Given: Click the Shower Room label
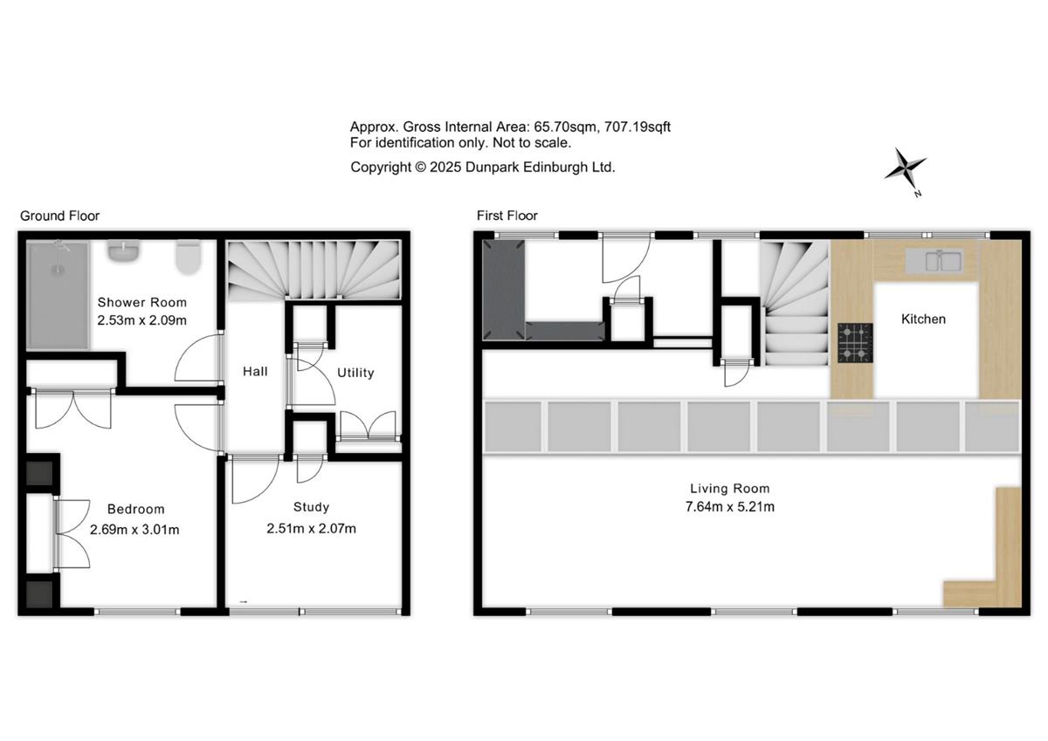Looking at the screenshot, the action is click(x=141, y=303).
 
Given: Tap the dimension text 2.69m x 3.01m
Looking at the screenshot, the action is click(x=134, y=530).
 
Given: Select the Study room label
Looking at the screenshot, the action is click(x=311, y=507).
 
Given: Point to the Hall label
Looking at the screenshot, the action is click(x=255, y=372).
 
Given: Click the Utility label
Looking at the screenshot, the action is click(x=355, y=373).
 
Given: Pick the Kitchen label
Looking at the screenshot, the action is click(x=924, y=319).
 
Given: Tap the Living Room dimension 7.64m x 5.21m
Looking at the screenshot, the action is click(x=730, y=507).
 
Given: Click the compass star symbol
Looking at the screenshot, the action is click(x=905, y=169).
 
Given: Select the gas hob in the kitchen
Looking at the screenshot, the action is click(x=855, y=343).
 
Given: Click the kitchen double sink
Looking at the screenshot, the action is click(x=934, y=261).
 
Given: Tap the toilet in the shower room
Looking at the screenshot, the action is click(x=188, y=257).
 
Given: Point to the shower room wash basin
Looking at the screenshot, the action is click(x=123, y=251).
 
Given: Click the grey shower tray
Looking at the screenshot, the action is click(x=58, y=295).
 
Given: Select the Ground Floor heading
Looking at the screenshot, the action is click(x=60, y=216).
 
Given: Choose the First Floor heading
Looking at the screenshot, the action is click(x=507, y=216).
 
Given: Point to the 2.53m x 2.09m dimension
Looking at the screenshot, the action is click(x=141, y=320).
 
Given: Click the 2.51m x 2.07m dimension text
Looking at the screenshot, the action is click(x=311, y=529).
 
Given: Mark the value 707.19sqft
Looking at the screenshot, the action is click(x=638, y=127).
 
